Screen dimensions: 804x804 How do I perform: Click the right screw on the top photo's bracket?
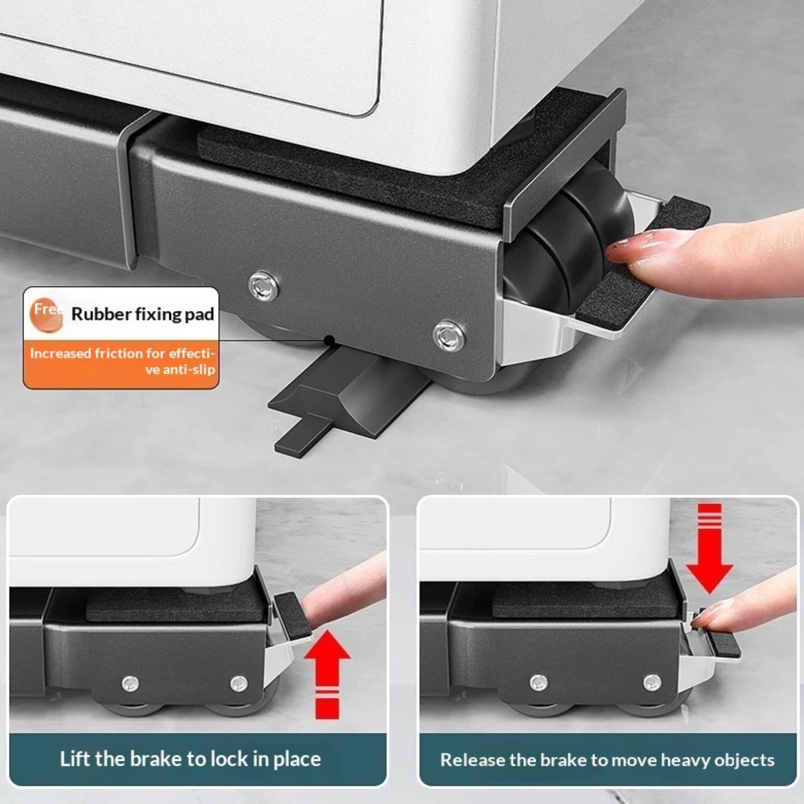coord(449,336)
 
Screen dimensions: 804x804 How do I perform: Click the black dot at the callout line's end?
coord(330,341)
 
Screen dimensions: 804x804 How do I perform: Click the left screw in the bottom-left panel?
coord(131,683)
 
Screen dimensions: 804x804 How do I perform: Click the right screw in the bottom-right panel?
coord(653,682)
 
